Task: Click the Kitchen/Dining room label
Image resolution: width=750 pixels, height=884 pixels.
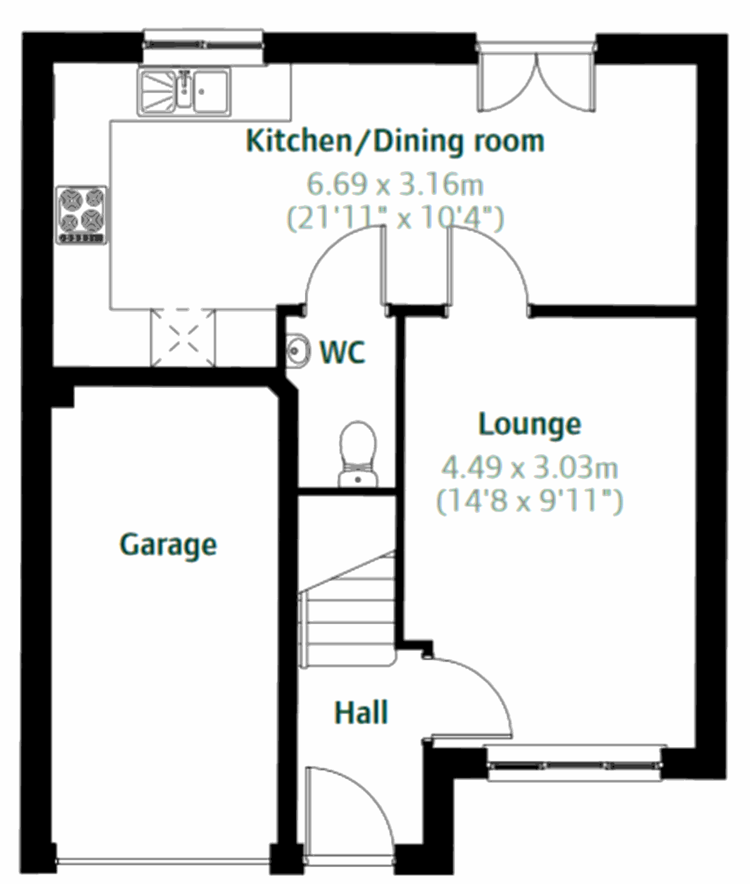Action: pyautogui.click(x=395, y=141)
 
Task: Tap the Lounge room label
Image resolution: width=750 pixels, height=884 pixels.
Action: pyautogui.click(x=529, y=424)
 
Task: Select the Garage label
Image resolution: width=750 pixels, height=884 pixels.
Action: pyautogui.click(x=168, y=544)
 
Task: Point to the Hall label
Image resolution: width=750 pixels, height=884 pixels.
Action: pyautogui.click(x=361, y=713)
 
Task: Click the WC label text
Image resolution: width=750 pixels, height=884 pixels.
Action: pyautogui.click(x=342, y=353)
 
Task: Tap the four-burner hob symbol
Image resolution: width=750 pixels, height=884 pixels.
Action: pyautogui.click(x=81, y=214)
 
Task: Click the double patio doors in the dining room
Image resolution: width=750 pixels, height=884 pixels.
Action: pyautogui.click(x=536, y=78)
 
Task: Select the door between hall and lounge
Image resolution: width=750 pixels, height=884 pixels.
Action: pyautogui.click(x=475, y=693)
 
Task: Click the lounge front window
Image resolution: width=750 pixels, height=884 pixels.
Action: pyautogui.click(x=574, y=763)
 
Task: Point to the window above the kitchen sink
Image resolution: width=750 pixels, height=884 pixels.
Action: pyautogui.click(x=203, y=45)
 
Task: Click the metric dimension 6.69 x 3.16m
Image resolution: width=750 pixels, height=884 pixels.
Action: pyautogui.click(x=395, y=184)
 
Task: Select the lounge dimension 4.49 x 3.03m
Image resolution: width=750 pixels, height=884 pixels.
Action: pyautogui.click(x=529, y=467)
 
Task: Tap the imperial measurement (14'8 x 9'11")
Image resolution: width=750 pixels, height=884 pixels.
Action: pyautogui.click(x=529, y=501)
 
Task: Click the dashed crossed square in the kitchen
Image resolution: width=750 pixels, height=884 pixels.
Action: pyautogui.click(x=182, y=337)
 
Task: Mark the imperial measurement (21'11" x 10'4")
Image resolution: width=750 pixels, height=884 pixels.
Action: pyautogui.click(x=395, y=218)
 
